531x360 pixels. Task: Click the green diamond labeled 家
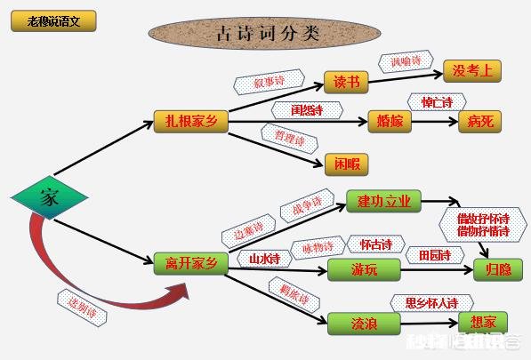(x=48, y=198)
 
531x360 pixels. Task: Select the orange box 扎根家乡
(x=189, y=121)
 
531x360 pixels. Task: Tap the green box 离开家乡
(x=189, y=262)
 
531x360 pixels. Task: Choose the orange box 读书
(x=346, y=82)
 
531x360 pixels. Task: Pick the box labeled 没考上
(x=472, y=71)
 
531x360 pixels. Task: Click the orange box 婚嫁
(x=391, y=122)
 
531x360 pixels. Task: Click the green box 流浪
(x=365, y=324)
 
